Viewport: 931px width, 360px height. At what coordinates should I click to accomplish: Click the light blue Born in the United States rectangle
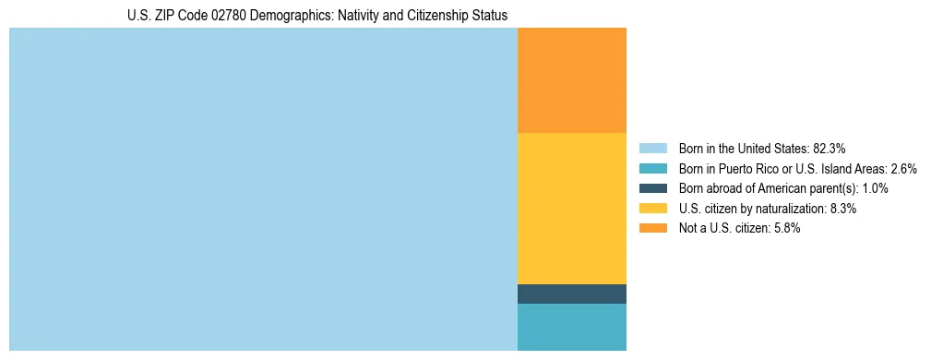pos(263,189)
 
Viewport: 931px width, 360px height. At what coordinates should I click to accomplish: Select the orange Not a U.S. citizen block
pos(571,80)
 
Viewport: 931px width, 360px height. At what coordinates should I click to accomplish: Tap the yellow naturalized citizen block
pos(571,208)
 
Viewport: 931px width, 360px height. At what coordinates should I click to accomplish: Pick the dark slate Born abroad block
pos(571,294)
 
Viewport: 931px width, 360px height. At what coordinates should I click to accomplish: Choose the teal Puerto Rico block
pos(571,327)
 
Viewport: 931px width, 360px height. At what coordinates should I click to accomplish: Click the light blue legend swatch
pos(652,148)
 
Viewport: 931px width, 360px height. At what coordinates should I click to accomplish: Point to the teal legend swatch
pos(652,168)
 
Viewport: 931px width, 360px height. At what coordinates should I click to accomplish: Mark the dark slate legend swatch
pos(652,188)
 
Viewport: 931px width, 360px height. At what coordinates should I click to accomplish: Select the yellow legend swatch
pos(652,209)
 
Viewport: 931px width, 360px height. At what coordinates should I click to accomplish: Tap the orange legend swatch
pos(652,229)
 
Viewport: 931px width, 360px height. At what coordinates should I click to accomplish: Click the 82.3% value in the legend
pos(830,148)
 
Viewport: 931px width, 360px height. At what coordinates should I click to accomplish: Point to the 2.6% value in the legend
pos(903,168)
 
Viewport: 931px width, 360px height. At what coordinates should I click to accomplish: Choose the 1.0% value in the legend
pos(875,188)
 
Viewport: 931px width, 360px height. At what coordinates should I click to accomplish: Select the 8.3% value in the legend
pos(843,209)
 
